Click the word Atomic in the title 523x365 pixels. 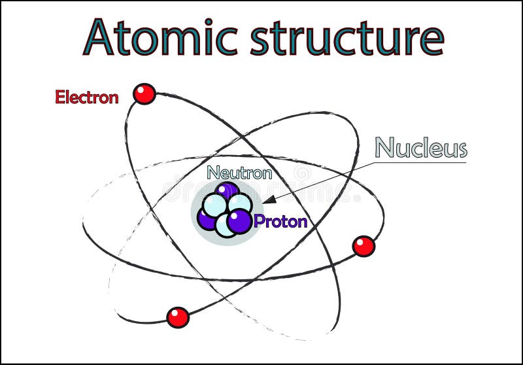tap(160, 37)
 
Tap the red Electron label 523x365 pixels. tap(87, 97)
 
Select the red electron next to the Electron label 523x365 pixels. tap(144, 94)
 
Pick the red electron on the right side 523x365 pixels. tap(363, 246)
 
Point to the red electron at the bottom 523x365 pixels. tap(177, 317)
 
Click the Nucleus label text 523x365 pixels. tap(421, 148)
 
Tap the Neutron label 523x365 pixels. tap(239, 173)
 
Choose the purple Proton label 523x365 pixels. tap(280, 221)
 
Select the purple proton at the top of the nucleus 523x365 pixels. tap(228, 190)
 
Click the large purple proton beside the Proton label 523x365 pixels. tap(240, 220)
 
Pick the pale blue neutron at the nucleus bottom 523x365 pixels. tap(225, 226)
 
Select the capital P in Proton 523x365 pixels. tap(259, 221)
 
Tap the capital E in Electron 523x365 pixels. tap(59, 97)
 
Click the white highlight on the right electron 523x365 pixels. tap(360, 243)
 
